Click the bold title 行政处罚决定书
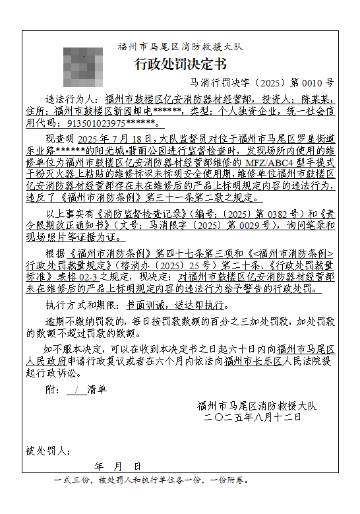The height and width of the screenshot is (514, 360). click(x=179, y=64)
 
